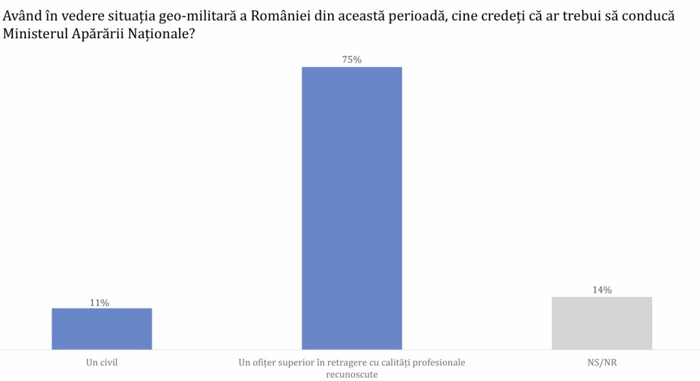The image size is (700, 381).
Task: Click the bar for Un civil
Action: point(102,328)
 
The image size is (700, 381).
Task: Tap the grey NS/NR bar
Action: point(602,322)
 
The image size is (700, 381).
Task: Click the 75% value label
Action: point(351,60)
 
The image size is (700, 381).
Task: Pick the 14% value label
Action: point(602,290)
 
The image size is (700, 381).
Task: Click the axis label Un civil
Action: point(102,362)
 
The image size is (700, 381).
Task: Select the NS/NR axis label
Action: point(602,362)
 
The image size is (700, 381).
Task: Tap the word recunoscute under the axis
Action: point(352,373)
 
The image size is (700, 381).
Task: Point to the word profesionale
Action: point(439,362)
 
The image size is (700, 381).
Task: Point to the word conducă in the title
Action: point(645,16)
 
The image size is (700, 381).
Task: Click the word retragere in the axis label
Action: point(340,362)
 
